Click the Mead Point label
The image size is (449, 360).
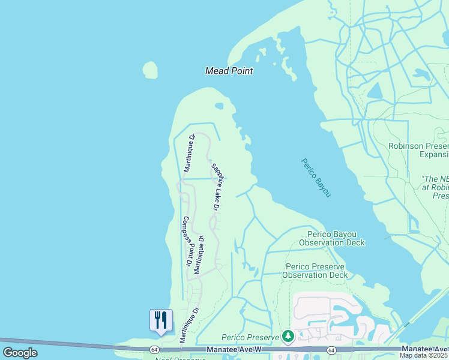pos(229,71)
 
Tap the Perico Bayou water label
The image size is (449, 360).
pos(316,178)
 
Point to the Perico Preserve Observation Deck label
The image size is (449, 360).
pos(316,271)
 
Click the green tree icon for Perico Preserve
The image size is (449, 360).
pos(288,336)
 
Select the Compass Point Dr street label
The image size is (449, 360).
pos(187,241)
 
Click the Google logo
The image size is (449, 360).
pos(20,353)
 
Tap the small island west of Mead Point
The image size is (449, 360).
pos(151,70)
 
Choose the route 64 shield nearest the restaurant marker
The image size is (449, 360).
pos(154,349)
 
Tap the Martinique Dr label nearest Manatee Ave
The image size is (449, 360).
pos(188,325)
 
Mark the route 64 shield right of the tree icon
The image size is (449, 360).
pos(331,349)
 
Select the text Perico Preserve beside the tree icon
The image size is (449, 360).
pos(251,337)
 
